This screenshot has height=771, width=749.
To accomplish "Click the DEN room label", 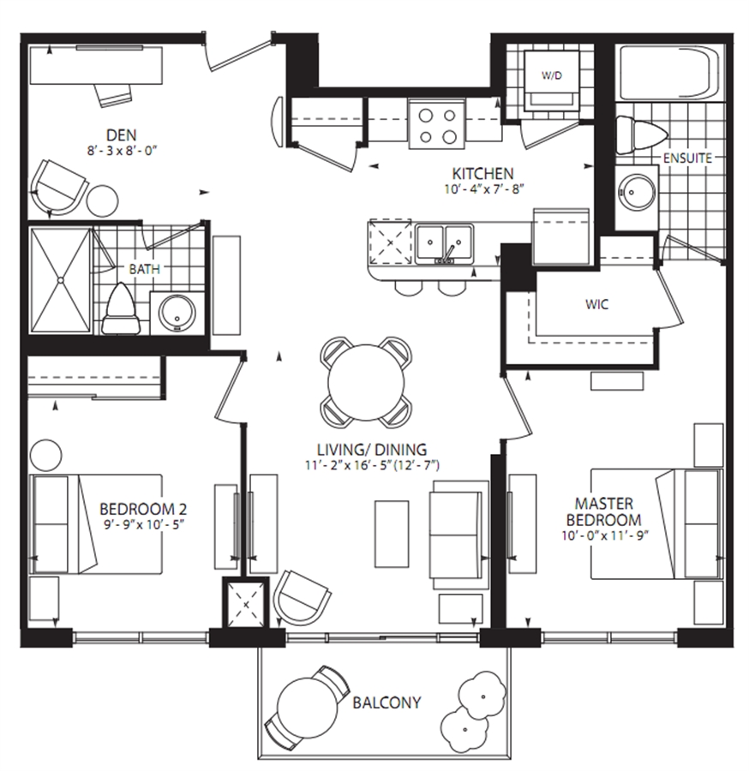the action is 122,134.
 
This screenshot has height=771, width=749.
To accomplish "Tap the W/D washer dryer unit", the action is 551,81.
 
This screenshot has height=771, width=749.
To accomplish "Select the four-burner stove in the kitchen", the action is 437,123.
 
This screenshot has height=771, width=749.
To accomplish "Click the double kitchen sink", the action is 444,244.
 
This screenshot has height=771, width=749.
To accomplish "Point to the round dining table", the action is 367,383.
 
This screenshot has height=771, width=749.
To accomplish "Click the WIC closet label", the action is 597,304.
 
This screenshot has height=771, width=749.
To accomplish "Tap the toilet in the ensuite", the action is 641,134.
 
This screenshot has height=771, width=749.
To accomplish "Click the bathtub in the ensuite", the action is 671,73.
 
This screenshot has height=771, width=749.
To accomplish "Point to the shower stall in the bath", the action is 61,281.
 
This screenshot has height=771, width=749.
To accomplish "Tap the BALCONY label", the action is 387,702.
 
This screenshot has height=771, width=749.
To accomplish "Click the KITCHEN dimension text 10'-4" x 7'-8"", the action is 484,189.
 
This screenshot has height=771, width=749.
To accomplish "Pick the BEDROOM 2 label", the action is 143,509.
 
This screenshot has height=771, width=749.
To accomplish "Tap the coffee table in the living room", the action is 392,534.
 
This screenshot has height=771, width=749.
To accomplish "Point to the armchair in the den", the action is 58,188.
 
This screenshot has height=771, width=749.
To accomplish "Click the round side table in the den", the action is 103,200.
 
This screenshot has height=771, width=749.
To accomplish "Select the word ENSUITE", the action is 687,158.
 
